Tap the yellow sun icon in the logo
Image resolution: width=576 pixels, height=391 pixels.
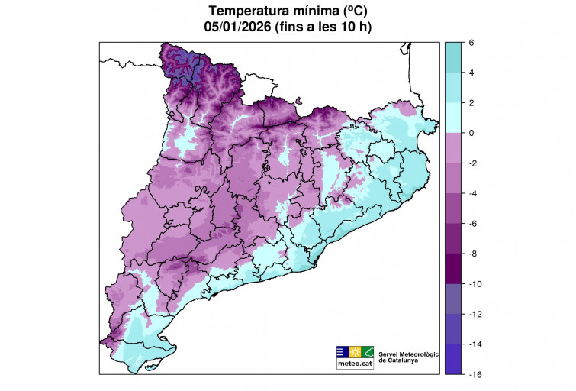[355, 352]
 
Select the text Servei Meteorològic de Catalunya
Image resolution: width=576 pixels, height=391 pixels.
[410, 356]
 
